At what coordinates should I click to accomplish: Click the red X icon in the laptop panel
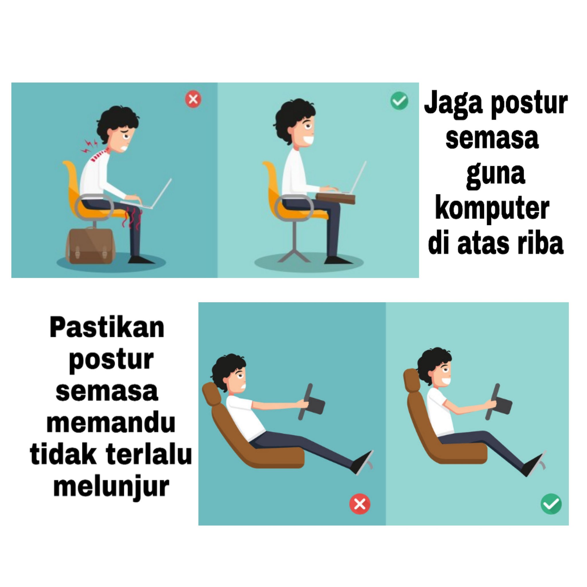tap(193, 99)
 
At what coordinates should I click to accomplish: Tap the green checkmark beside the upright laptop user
tap(399, 100)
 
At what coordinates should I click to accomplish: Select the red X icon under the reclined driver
tap(360, 504)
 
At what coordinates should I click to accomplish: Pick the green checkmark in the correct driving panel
tap(551, 504)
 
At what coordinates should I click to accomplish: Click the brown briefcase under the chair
tap(91, 246)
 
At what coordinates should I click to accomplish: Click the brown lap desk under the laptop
tap(335, 198)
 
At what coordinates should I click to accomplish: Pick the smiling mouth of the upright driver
tap(446, 381)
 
